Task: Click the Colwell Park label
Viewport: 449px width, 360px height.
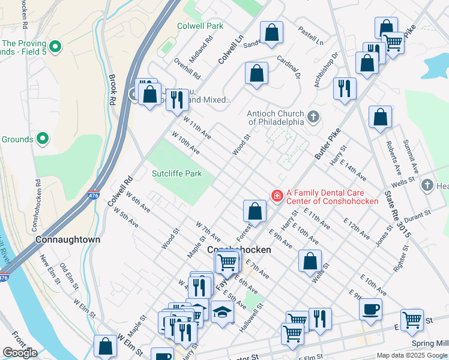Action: point(200,26)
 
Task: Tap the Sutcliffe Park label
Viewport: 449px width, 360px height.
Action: point(176,174)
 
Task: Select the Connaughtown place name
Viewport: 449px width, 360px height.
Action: point(68,239)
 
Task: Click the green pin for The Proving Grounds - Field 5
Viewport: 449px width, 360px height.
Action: point(55,46)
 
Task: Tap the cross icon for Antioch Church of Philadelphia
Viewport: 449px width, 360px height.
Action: point(312,116)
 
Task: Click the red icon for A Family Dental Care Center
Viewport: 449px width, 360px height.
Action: point(277,195)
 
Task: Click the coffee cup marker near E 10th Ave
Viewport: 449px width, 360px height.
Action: point(370,309)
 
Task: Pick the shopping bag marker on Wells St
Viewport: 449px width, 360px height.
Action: point(310,261)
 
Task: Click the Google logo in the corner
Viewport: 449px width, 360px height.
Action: point(20,353)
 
